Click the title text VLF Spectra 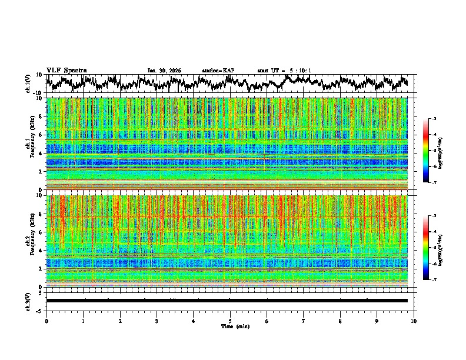(x=66, y=70)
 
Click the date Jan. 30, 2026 (x=164, y=71)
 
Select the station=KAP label (x=218, y=71)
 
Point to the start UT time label (x=284, y=71)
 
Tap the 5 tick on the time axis (x=230, y=321)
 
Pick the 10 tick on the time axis (x=414, y=321)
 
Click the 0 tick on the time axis (x=46, y=321)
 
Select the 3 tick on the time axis (x=157, y=321)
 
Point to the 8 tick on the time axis (x=340, y=321)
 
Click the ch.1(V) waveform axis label (x=28, y=84)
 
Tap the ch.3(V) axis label (x=28, y=301)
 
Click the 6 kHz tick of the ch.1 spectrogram (x=40, y=135)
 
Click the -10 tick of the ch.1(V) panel (x=38, y=93)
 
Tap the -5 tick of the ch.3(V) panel (x=39, y=310)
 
